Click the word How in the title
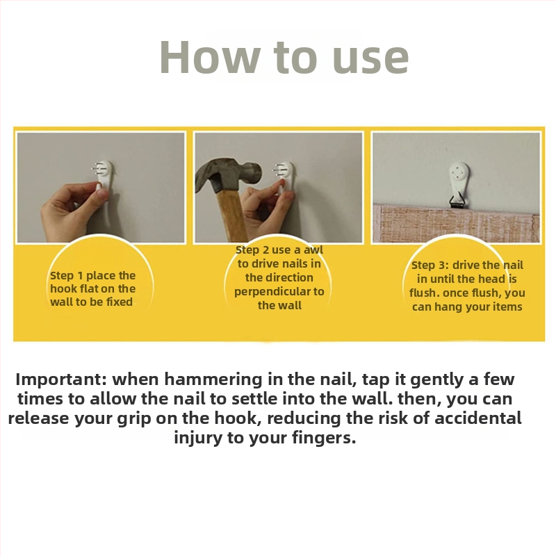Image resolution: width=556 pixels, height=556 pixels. pyautogui.click(x=210, y=57)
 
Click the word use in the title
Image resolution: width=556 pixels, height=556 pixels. pyautogui.click(x=370, y=61)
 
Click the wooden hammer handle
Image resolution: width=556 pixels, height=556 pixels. pyautogui.click(x=231, y=215)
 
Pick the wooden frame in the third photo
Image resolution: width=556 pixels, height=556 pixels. pyautogui.click(x=457, y=223)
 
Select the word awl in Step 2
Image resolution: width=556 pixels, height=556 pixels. pyautogui.click(x=313, y=250)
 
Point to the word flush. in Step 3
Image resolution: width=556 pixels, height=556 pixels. pyautogui.click(x=425, y=293)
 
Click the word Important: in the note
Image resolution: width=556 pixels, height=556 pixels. pyautogui.click(x=61, y=379)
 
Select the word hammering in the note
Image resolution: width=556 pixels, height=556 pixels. pyautogui.click(x=213, y=379)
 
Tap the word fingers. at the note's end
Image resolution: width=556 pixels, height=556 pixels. pyautogui.click(x=324, y=439)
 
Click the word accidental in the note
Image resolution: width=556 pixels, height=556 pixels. pyautogui.click(x=478, y=418)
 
